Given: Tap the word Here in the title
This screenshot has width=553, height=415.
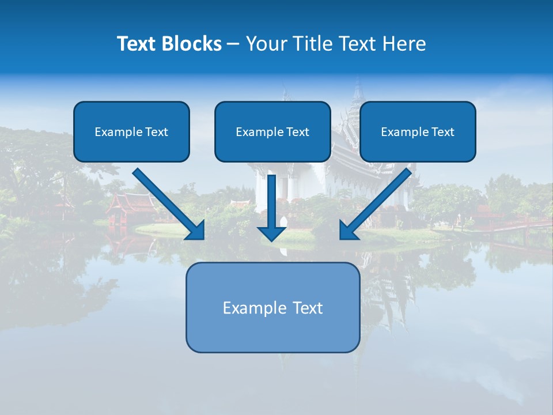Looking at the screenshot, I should (x=406, y=44).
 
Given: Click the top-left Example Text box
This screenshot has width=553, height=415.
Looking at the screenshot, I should (x=131, y=131).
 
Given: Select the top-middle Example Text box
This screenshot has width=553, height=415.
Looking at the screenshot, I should (x=272, y=131).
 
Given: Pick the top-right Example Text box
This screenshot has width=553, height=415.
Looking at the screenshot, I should (x=418, y=131).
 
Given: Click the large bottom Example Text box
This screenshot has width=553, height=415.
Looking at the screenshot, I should (x=272, y=307).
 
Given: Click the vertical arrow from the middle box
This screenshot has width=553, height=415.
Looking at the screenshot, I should (x=272, y=202).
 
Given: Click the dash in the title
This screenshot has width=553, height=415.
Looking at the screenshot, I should (x=233, y=44).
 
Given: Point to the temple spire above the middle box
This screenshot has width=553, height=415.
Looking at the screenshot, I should (x=358, y=92).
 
